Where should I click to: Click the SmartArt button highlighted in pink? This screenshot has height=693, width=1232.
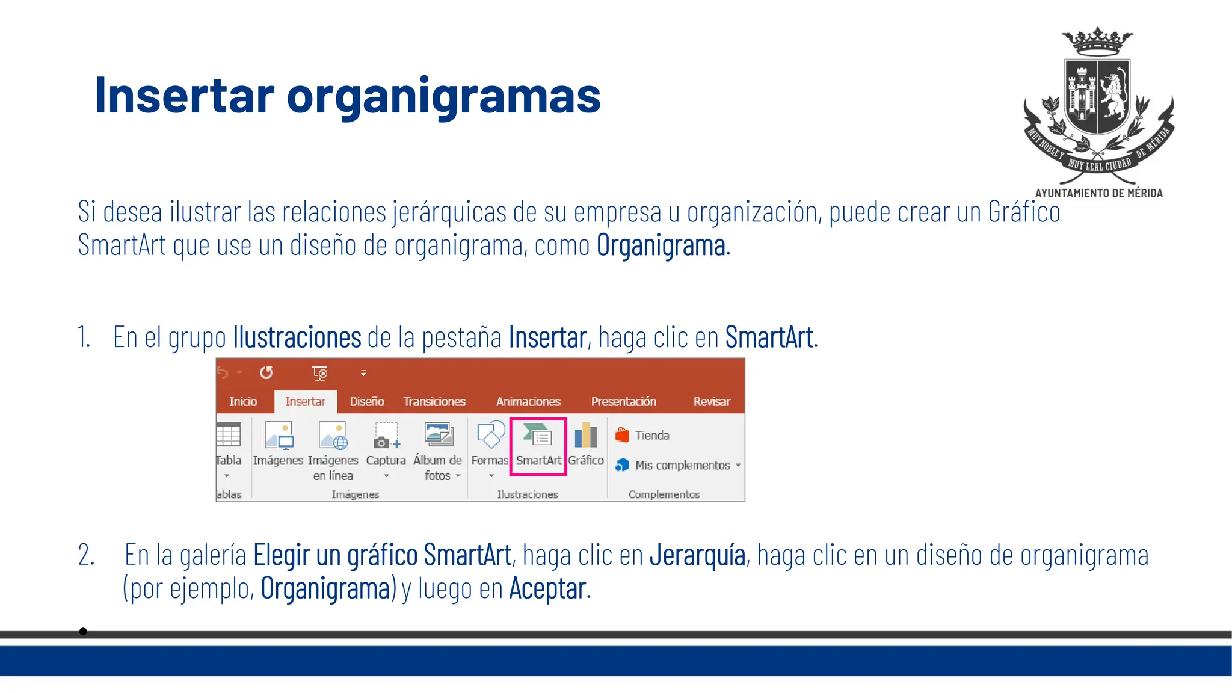538,446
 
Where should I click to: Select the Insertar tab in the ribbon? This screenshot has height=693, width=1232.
305,401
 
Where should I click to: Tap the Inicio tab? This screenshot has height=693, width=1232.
243,401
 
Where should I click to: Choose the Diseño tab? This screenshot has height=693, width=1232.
367,401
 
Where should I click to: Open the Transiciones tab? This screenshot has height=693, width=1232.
434,401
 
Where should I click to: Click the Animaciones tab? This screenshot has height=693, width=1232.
528,401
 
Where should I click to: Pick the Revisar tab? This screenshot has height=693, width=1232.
712,401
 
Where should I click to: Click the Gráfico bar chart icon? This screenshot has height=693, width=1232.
586,436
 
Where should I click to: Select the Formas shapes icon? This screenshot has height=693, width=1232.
490,436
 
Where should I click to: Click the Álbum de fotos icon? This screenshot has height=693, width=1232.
438,434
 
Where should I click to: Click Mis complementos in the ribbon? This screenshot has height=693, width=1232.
682,465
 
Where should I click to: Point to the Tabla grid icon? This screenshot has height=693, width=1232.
228,435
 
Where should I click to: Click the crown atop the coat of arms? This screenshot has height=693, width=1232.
1097,41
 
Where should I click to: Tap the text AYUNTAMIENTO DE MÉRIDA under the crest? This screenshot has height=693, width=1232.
1098,193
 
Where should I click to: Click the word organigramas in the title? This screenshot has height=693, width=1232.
443,96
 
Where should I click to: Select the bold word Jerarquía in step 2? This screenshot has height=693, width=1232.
697,555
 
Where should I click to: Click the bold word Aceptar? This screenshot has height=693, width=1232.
547,588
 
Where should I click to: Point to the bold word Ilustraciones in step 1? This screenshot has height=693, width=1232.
297,337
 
